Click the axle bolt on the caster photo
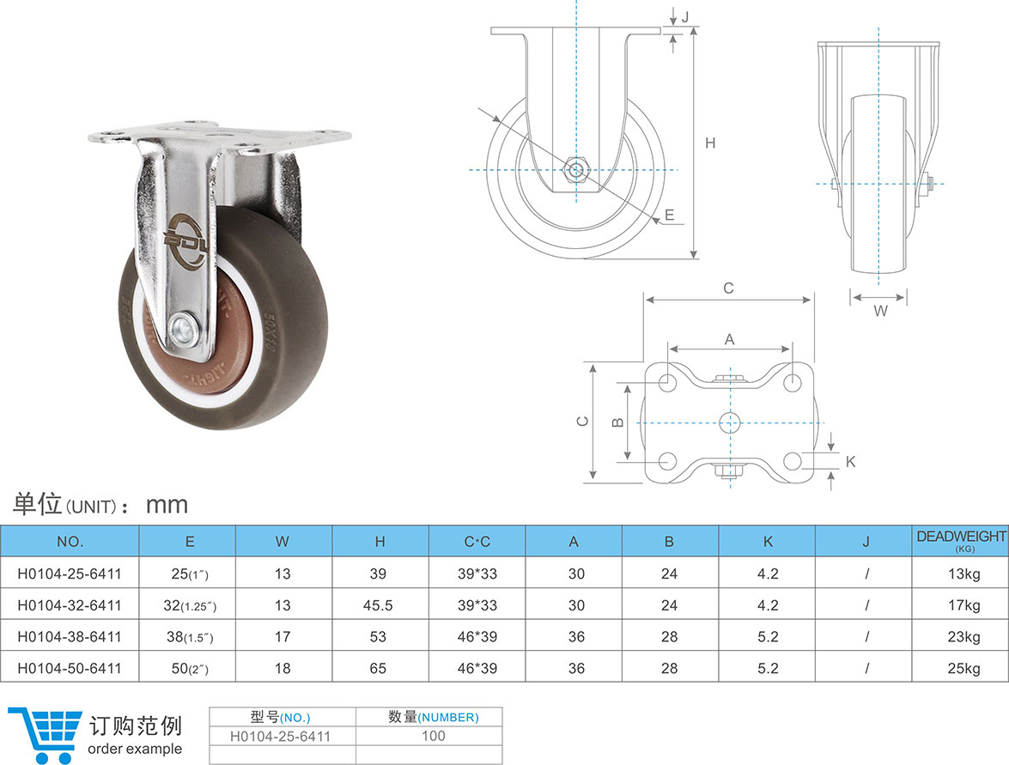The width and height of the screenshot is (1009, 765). click(183, 328)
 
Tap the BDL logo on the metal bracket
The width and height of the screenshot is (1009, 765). click(187, 232)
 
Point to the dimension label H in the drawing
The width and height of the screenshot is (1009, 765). click(710, 143)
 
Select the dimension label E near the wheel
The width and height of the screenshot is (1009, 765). click(670, 216)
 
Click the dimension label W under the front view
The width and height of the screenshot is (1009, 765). click(880, 312)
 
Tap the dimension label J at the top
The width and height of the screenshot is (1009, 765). click(684, 16)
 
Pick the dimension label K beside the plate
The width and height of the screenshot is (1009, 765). click(851, 462)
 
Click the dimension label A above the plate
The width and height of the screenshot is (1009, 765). click(730, 339)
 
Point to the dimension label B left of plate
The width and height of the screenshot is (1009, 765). click(616, 422)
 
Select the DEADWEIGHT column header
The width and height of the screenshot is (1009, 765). click(961, 540)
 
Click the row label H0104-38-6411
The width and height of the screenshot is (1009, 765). click(70, 636)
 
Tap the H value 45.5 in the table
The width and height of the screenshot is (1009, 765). click(378, 605)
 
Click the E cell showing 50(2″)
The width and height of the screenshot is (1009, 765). click(189, 668)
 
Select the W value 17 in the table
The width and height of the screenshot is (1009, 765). click(283, 636)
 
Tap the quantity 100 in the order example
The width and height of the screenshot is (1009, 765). click(433, 735)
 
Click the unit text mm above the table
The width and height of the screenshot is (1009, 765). click(167, 504)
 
